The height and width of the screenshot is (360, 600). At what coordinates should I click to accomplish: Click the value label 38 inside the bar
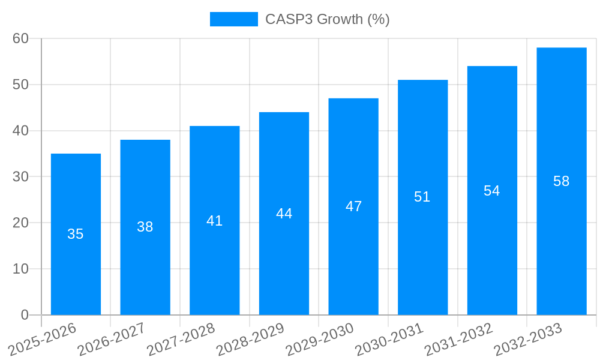(x=145, y=227)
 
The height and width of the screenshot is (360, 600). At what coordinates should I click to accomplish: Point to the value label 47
(x=353, y=206)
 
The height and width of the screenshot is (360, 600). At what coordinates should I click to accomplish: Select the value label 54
(x=491, y=191)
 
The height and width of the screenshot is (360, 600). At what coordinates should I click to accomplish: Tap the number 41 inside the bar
(x=214, y=221)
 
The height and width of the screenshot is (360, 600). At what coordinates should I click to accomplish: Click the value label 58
(x=561, y=181)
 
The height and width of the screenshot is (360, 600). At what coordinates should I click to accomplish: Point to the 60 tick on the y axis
(x=20, y=38)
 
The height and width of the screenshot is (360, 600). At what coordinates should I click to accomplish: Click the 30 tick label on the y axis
(x=20, y=176)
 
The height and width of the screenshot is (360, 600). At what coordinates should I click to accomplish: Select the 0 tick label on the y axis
(x=25, y=315)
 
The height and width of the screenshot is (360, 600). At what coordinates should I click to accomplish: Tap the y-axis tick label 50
(x=20, y=85)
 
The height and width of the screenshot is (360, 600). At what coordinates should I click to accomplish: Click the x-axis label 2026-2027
(x=111, y=339)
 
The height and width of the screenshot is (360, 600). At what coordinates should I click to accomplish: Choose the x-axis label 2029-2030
(x=319, y=339)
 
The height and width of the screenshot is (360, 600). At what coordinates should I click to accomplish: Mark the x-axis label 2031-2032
(x=458, y=339)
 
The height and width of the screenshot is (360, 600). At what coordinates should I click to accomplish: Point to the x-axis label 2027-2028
(x=181, y=339)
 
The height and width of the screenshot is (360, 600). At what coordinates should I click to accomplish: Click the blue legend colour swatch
(x=233, y=19)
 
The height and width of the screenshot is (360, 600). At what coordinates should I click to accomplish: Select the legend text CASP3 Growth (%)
(x=327, y=19)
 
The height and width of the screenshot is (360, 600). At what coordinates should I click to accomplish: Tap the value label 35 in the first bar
(x=75, y=234)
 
